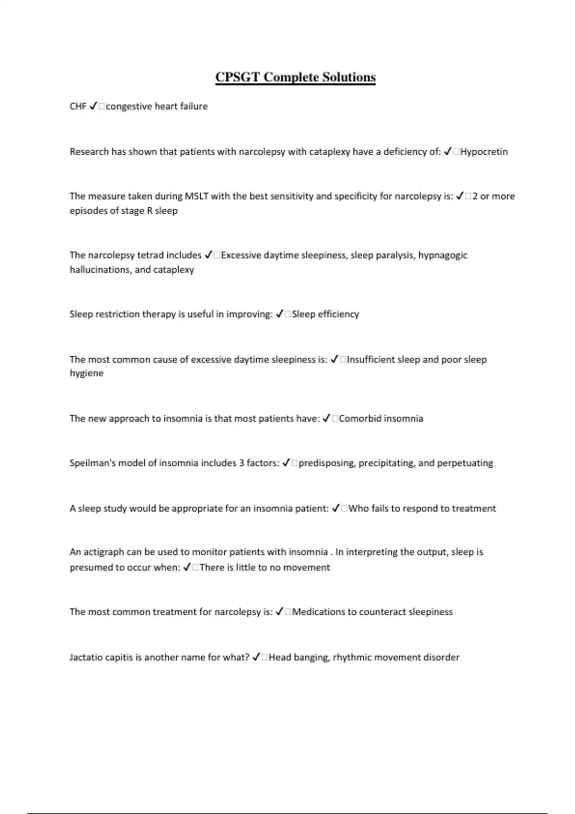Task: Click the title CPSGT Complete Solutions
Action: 295,78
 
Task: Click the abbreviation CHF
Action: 78,106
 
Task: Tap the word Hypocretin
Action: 484,152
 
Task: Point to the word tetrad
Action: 150,255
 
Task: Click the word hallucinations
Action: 100,270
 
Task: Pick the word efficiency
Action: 338,314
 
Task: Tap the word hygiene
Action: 86,373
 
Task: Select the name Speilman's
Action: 92,463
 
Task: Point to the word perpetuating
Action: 465,463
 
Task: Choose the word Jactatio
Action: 86,657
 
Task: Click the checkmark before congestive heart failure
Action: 93,106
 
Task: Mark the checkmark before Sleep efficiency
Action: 280,314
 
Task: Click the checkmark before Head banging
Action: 256,657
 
